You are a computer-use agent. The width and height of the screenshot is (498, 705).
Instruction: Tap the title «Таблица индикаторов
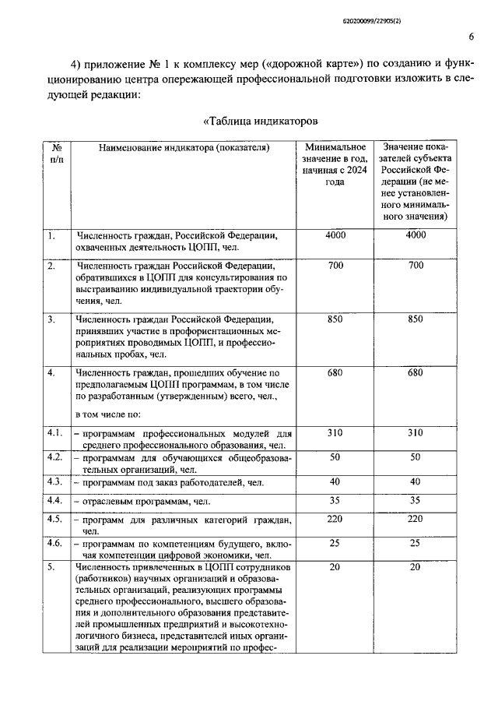[x=261, y=121]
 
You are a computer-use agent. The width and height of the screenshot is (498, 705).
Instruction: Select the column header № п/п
[x=57, y=153]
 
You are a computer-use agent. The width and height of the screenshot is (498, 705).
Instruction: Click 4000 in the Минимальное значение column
[x=335, y=234]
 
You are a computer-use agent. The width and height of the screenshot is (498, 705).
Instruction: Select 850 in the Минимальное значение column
[x=335, y=319]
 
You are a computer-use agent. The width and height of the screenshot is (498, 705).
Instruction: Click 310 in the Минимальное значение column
[x=335, y=432]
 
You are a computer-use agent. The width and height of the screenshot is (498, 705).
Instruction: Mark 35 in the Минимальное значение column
[x=335, y=500]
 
